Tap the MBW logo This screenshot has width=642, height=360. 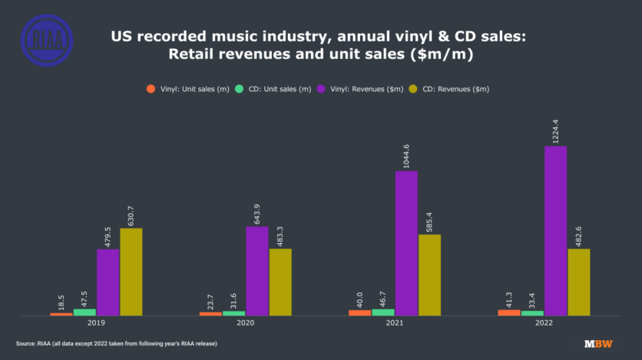(x=597, y=344)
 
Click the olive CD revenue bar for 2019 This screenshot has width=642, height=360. (x=131, y=272)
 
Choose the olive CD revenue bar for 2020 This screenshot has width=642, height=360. (x=280, y=282)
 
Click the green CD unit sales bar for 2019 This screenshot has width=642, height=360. (x=85, y=312)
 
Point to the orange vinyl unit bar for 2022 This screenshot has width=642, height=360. (x=509, y=312)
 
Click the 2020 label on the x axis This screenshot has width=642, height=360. (x=246, y=324)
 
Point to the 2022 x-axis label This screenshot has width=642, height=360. (x=544, y=324)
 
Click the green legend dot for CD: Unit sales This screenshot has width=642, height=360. (x=240, y=89)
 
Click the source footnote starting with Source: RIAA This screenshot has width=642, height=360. (x=116, y=343)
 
